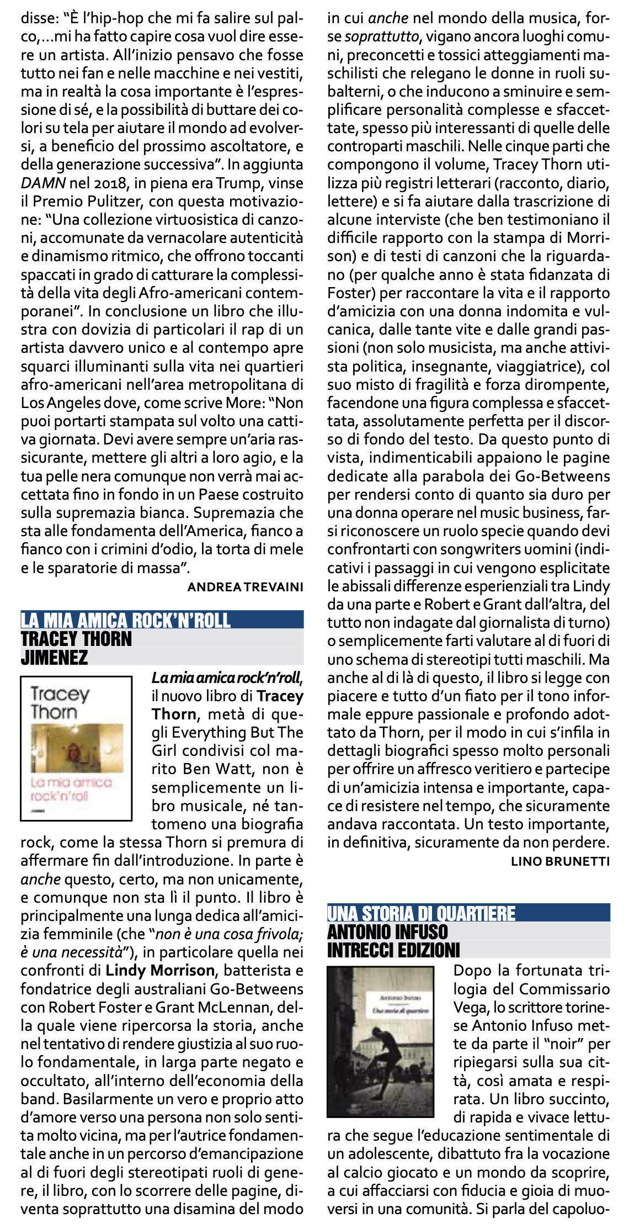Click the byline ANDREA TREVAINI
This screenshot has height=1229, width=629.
245,587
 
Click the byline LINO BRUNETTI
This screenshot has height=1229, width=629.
560,861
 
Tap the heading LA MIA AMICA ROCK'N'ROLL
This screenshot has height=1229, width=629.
126,620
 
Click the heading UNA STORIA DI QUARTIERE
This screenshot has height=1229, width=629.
421,913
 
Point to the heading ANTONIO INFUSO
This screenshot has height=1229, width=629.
387,932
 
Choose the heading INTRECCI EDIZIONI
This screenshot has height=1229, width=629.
393,950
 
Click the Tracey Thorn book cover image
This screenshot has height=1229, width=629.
76,748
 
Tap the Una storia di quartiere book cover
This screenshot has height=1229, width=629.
380,1041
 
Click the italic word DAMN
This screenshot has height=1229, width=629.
43,183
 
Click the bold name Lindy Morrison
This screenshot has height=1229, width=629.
160,970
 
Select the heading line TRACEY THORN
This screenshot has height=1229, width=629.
76,639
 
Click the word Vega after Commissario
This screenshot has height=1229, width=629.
471,1007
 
